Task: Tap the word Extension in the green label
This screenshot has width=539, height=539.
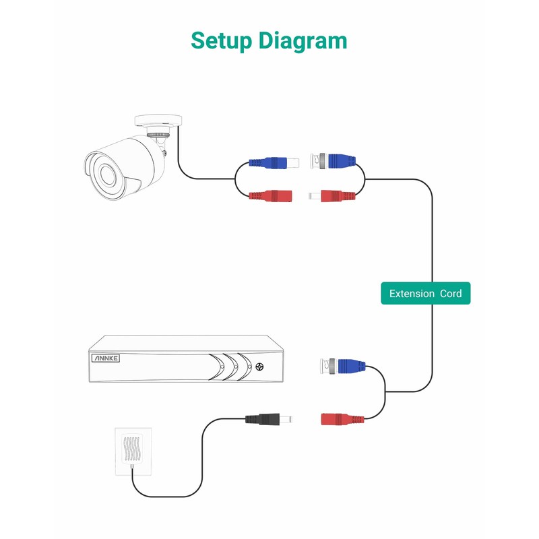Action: click(x=412, y=294)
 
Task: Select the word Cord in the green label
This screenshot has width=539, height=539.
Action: click(x=451, y=294)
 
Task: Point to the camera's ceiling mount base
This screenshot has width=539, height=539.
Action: click(x=158, y=121)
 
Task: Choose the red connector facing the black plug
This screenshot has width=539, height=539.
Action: click(x=344, y=418)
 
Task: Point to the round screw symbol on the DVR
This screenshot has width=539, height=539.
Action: click(x=260, y=367)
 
